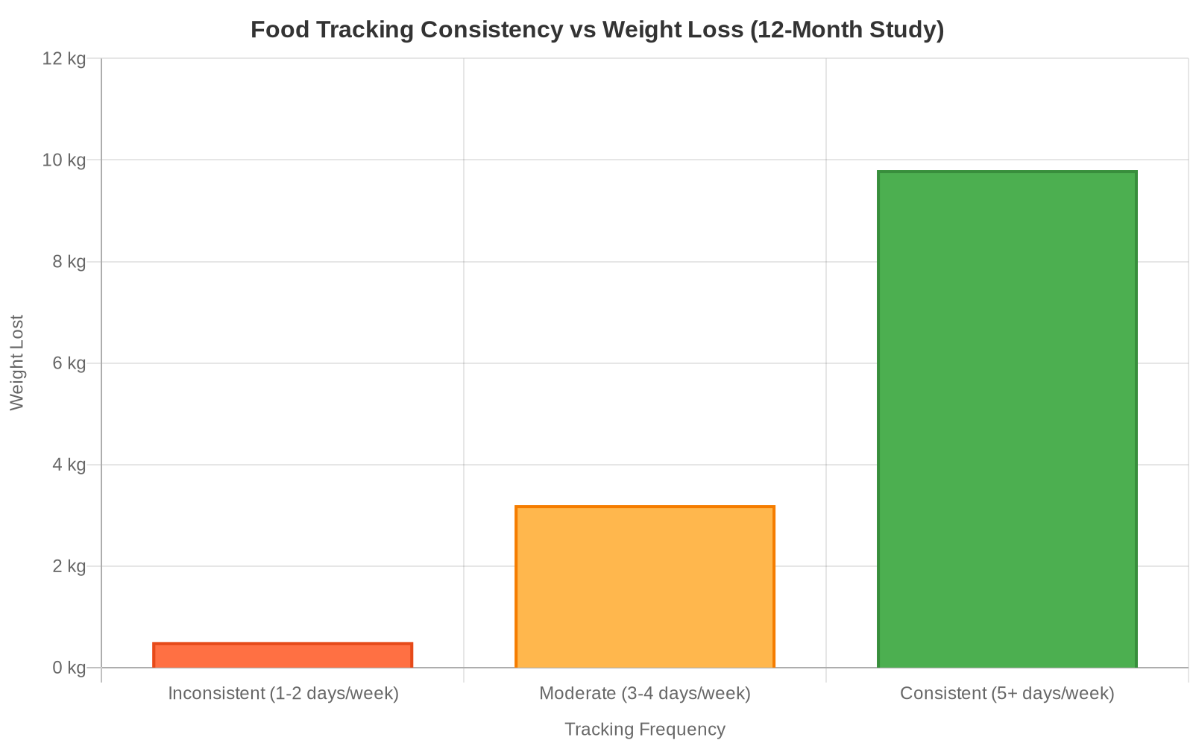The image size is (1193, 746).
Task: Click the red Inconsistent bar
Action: tap(283, 656)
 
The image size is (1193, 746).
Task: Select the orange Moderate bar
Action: tap(645, 587)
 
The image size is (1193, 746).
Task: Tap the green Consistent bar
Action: tap(1007, 419)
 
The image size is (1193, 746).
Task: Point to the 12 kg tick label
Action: tap(64, 58)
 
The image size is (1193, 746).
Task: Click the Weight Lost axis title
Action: tap(17, 363)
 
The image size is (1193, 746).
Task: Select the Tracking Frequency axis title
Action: tap(645, 729)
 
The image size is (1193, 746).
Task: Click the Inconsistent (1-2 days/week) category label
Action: tap(283, 693)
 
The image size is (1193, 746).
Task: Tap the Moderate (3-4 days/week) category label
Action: tap(645, 693)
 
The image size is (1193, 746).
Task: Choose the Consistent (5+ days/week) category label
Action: tap(1007, 693)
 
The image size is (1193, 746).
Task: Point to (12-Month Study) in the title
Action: tap(847, 30)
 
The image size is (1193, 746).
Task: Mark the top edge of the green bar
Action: tap(1007, 172)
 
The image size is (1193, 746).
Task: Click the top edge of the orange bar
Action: tap(645, 507)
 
